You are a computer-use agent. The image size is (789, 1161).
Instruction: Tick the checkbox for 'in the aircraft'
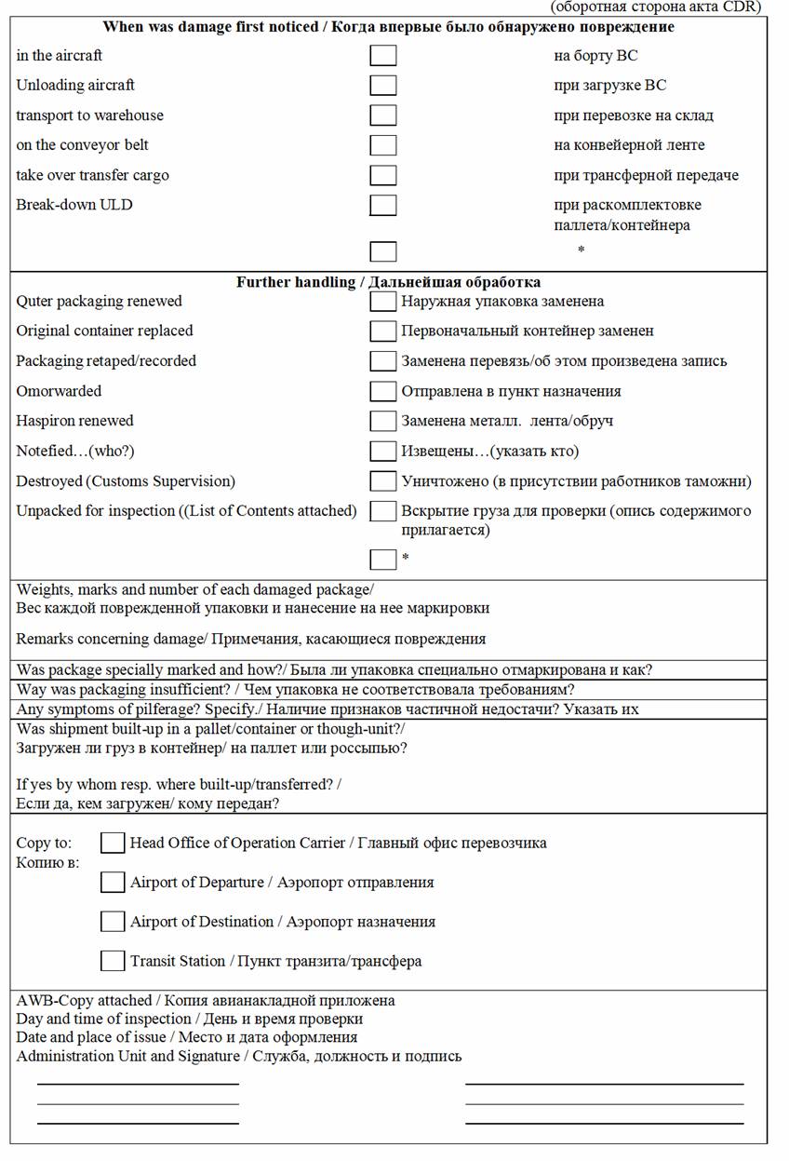point(382,56)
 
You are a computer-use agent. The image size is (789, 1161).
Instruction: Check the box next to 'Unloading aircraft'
point(382,86)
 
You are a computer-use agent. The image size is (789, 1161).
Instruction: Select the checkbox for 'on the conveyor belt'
point(382,145)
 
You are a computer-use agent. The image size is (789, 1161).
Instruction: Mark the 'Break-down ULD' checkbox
point(382,205)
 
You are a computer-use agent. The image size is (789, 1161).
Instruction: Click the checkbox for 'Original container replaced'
point(382,331)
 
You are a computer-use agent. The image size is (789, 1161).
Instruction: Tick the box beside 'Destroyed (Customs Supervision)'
point(382,481)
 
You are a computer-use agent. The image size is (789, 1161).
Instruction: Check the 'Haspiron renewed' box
point(382,421)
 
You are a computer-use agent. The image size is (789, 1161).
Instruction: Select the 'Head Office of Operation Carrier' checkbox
point(113,843)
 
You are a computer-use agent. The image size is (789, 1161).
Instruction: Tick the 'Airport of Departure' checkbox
point(113,882)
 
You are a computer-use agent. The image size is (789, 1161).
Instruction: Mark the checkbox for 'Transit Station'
point(113,960)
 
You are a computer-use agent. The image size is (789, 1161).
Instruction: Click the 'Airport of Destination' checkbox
point(113,921)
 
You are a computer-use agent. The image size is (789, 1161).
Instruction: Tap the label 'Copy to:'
point(44,843)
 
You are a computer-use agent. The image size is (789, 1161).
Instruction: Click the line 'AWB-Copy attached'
point(84,1000)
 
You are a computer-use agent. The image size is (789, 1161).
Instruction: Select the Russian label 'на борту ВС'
point(595,56)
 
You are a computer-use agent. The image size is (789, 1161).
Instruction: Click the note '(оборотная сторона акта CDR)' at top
point(656,7)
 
